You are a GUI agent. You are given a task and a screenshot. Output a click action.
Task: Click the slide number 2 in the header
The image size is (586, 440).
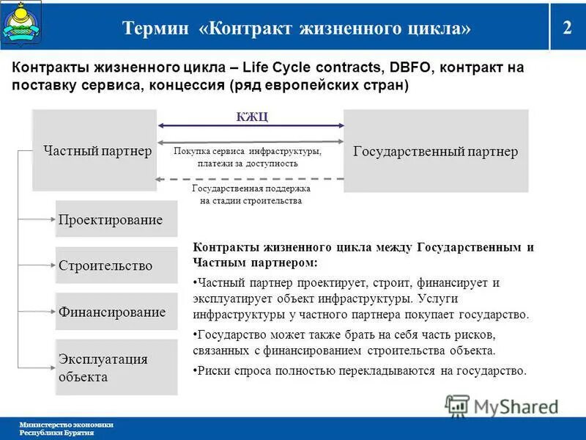(x=567, y=28)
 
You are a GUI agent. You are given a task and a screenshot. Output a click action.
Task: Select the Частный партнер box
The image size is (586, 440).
(x=94, y=151)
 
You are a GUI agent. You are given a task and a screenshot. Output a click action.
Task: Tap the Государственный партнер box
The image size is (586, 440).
(x=436, y=151)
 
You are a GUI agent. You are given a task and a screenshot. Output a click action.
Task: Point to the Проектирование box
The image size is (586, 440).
(x=116, y=220)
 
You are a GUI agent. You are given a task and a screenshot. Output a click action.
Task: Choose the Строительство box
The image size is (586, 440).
(x=116, y=265)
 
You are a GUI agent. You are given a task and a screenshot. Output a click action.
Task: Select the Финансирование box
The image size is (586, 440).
(x=116, y=312)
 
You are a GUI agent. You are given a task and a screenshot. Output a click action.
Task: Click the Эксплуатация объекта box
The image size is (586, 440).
(x=116, y=367)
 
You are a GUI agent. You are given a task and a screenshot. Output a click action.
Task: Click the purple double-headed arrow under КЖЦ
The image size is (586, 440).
(x=251, y=126)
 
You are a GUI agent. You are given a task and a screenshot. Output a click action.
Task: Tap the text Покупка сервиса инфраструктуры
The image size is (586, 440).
(x=248, y=151)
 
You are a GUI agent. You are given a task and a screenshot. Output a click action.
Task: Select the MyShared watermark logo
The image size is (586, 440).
(x=502, y=405)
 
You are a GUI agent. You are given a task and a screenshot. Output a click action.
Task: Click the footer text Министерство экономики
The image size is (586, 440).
(x=66, y=425)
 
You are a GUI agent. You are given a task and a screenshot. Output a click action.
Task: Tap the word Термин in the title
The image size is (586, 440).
(x=156, y=28)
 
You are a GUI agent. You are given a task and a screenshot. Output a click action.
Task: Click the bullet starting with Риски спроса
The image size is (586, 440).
(x=360, y=370)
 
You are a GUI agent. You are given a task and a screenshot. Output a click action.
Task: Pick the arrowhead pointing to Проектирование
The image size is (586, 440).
(x=52, y=219)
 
